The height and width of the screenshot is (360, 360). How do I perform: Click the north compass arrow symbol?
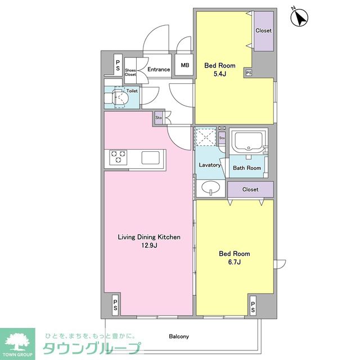(299, 17)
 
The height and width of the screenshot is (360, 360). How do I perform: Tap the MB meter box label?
(185, 65)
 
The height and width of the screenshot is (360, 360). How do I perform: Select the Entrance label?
(159, 69)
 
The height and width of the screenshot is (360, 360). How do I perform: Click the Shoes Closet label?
(130, 73)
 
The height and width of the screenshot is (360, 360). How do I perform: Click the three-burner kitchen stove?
(118, 157)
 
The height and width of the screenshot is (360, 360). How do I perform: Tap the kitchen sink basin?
(150, 157)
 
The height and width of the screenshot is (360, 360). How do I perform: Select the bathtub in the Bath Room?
(248, 141)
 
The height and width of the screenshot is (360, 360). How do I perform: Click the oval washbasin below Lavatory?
(210, 187)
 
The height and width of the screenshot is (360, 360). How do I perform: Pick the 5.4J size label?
(220, 74)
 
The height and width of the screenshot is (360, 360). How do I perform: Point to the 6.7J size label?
(235, 262)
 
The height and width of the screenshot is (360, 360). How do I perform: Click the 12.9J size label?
(149, 245)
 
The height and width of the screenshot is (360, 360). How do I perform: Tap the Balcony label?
(179, 336)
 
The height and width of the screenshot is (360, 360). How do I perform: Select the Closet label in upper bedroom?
(264, 30)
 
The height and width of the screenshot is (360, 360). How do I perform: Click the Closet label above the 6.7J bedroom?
(250, 190)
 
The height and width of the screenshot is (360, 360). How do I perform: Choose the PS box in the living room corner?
(115, 305)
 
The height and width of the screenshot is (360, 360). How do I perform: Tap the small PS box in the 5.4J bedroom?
(249, 73)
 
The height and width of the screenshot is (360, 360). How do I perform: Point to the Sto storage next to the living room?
(159, 118)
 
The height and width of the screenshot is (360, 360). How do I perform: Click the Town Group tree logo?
(17, 342)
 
